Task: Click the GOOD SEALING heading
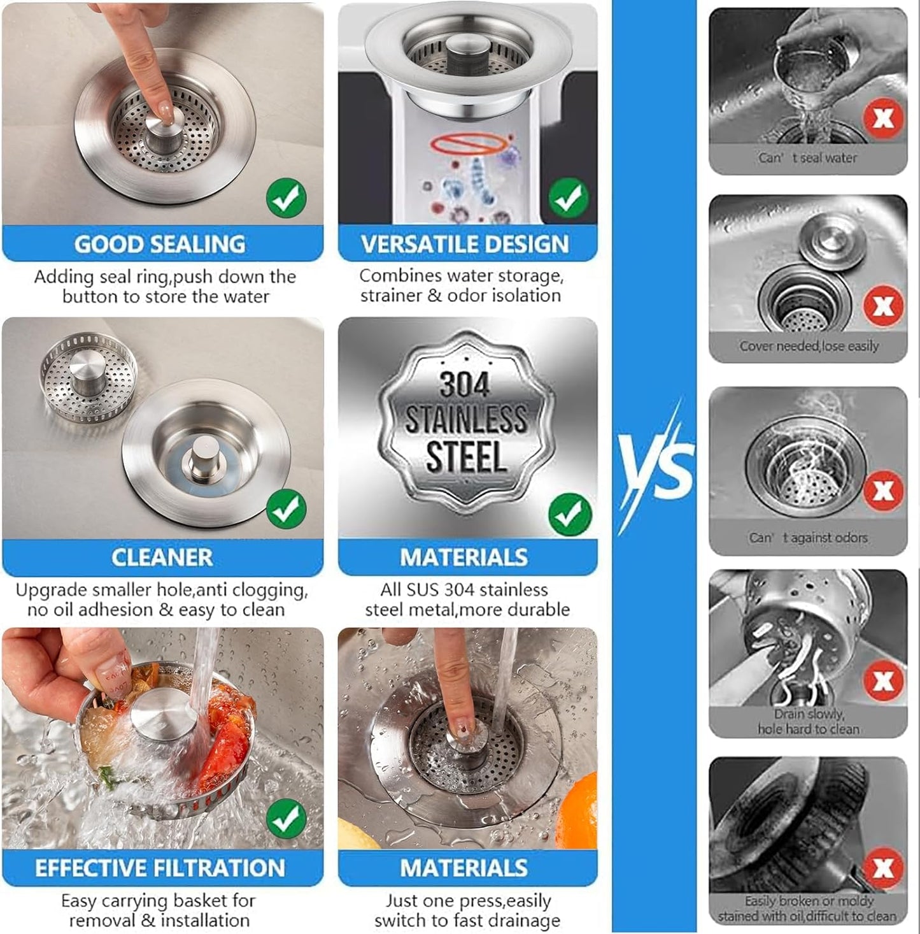[x=160, y=244]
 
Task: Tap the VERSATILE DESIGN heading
[x=465, y=244]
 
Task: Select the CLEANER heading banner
[x=162, y=557]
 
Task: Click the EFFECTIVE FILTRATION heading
[x=160, y=868]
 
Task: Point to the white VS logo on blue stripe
[x=656, y=465]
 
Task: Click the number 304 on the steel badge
[x=465, y=384]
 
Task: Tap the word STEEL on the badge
[x=466, y=457]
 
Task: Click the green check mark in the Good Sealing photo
[x=286, y=198]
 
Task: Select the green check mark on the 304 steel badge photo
[x=569, y=514]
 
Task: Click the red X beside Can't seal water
[x=883, y=119]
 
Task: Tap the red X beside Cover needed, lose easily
[x=883, y=306]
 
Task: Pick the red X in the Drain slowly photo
[x=883, y=681]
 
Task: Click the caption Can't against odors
[x=808, y=538]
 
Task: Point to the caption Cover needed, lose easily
[x=809, y=346]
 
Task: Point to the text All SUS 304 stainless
[x=464, y=589]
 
